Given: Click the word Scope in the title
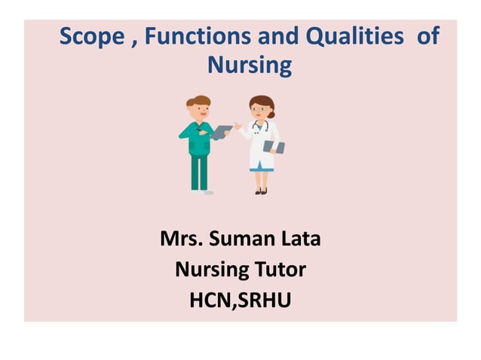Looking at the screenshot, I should (92, 37).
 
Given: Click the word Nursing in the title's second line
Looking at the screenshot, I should (249, 66).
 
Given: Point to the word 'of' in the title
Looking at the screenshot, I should (427, 37).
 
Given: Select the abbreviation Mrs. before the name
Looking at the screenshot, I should (180, 240).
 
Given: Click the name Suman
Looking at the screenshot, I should (243, 240).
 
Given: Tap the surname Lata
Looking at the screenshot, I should (302, 240).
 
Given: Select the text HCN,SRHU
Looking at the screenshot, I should (240, 298).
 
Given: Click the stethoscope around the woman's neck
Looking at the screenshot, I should (261, 126).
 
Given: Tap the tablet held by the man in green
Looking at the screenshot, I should (222, 132).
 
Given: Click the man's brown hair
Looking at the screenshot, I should (198, 101).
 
